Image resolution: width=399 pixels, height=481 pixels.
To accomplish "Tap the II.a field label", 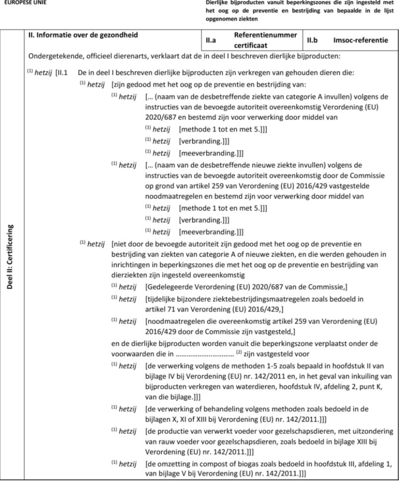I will tap(212, 40).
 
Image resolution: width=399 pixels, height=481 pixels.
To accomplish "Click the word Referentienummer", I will tap(265, 35).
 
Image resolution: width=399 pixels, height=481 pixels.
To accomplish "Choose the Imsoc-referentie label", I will tap(360, 40).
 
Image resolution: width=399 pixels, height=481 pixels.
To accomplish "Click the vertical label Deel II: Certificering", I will tap(10, 257).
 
